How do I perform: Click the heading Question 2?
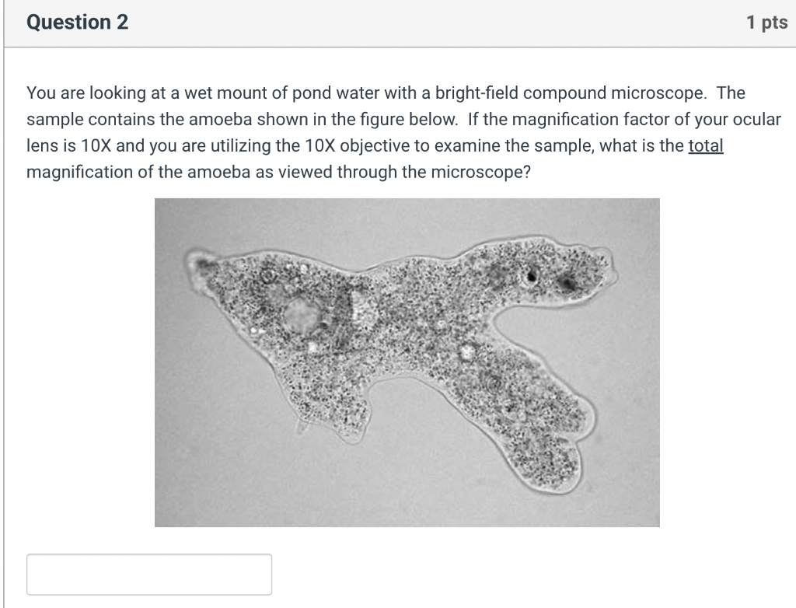[78, 23]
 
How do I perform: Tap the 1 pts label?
[766, 23]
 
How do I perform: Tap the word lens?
[40, 146]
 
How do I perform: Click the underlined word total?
[706, 146]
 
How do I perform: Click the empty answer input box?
[149, 575]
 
